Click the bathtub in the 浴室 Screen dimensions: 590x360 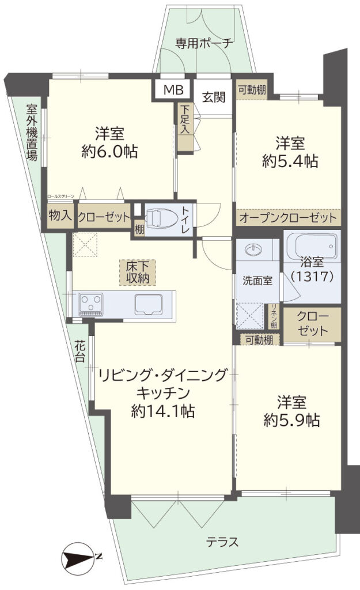click(312, 243)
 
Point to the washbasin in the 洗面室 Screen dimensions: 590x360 click(253, 250)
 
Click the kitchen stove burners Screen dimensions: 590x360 click(90, 302)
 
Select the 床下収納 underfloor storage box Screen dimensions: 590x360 click(138, 273)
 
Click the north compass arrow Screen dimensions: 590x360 click(80, 557)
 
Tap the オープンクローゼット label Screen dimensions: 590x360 click(287, 218)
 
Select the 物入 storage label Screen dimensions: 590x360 click(60, 217)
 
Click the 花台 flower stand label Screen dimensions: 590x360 click(79, 350)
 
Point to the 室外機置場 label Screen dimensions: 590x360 click(32, 132)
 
